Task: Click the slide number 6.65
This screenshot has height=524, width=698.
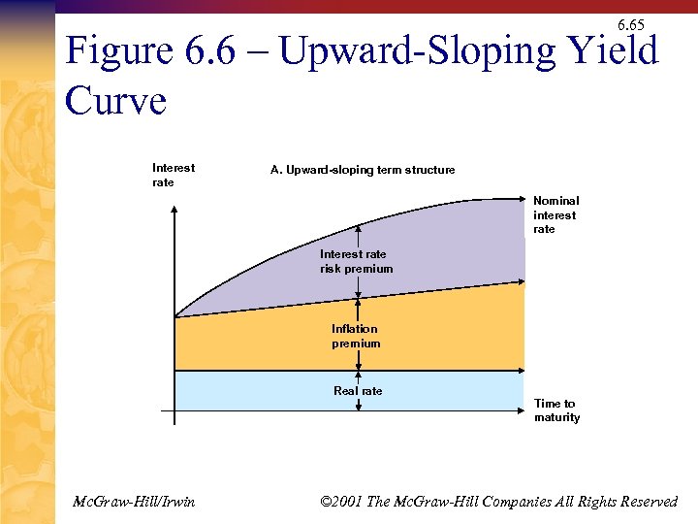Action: (x=630, y=24)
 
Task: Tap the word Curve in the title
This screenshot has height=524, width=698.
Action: (x=115, y=99)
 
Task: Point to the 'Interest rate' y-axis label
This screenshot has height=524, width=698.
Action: (x=174, y=175)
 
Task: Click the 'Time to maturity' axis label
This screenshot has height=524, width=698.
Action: (x=556, y=410)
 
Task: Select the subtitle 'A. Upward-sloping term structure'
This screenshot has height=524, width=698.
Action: (x=363, y=170)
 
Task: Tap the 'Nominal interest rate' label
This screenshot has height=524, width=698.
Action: (x=555, y=215)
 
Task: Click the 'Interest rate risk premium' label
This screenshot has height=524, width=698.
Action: (x=357, y=261)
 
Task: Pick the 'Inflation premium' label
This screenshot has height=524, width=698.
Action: (x=356, y=336)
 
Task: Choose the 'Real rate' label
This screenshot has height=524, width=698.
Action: (x=358, y=391)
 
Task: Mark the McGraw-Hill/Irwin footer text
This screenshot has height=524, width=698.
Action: (x=134, y=501)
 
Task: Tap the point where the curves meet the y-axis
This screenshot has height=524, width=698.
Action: (x=175, y=316)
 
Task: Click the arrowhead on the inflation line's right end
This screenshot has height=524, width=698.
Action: (x=523, y=282)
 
